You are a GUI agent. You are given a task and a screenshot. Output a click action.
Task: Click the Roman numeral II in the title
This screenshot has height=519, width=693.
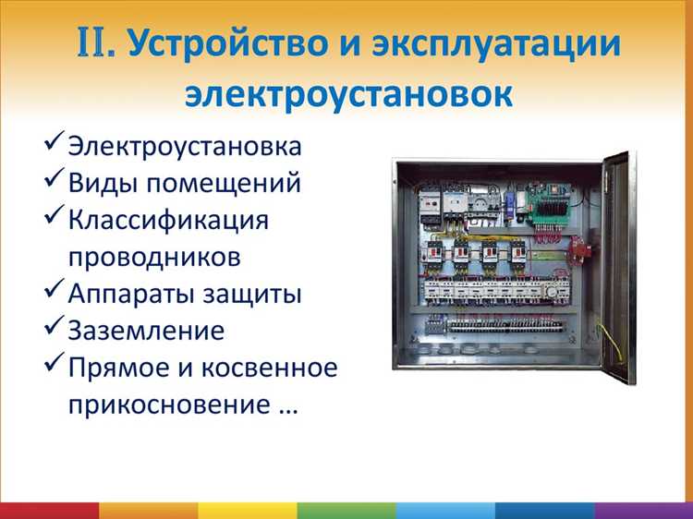(x=95, y=43)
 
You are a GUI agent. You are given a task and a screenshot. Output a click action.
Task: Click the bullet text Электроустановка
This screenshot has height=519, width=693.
(x=185, y=147)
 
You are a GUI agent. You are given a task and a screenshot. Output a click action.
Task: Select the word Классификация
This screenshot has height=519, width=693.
(x=168, y=221)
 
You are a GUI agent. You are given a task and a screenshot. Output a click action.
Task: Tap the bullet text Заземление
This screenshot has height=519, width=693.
(x=146, y=331)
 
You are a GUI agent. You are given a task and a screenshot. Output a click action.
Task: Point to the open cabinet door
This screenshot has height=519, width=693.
(x=618, y=268)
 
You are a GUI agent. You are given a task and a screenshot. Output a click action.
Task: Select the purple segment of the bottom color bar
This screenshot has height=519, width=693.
(x=644, y=511)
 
